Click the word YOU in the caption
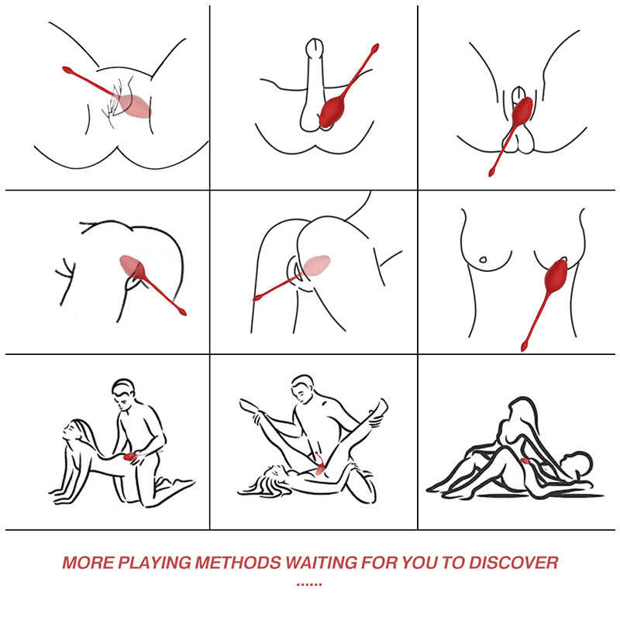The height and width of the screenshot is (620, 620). [x=419, y=563]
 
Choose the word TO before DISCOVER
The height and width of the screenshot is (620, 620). [x=453, y=563]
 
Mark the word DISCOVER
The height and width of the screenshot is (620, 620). [x=514, y=563]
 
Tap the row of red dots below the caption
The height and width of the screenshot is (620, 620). [x=309, y=584]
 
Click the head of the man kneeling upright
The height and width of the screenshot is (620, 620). [x=123, y=394]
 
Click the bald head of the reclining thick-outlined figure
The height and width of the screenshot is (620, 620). [x=577, y=463]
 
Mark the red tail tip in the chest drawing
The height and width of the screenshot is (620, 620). [x=524, y=347]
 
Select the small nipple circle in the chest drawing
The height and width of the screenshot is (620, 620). [x=482, y=260]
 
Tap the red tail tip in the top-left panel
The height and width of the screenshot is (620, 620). [x=67, y=70]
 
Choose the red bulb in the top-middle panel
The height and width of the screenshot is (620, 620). [x=332, y=113]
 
